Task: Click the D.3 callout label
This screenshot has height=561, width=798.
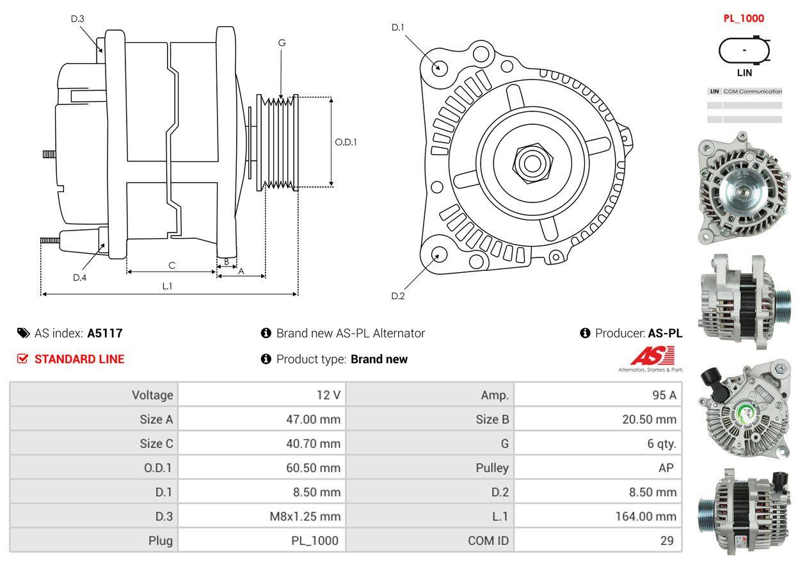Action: click(77, 19)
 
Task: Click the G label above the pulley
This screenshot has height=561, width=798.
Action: click(282, 43)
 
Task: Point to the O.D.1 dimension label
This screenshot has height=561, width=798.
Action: click(346, 142)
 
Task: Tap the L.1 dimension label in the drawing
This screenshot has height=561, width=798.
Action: click(167, 286)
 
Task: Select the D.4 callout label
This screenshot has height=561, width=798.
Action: click(79, 277)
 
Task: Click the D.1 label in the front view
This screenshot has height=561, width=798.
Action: click(397, 27)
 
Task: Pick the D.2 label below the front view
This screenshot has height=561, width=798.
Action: click(397, 296)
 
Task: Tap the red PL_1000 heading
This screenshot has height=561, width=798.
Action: click(744, 19)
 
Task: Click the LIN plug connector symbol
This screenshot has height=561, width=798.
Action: click(744, 51)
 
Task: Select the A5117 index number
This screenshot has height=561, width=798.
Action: click(105, 333)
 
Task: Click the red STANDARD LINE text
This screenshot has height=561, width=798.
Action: click(79, 359)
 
